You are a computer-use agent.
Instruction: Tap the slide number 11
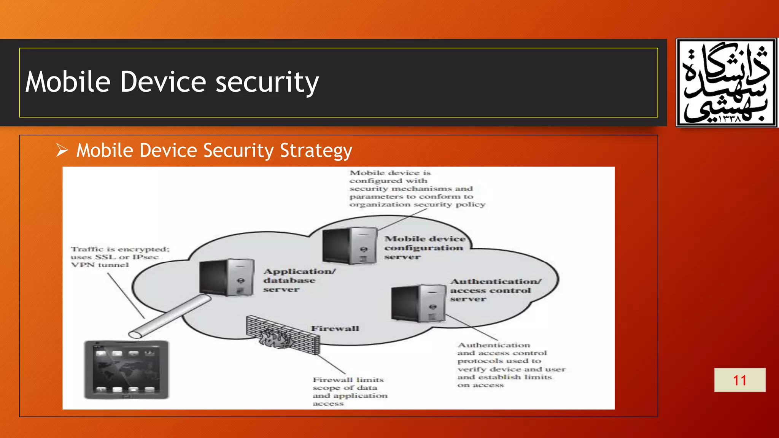point(739,380)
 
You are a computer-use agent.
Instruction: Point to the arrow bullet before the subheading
point(62,150)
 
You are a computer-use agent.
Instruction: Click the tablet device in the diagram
point(126,369)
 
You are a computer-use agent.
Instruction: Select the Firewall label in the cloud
point(335,328)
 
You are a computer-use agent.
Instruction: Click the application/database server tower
point(227,278)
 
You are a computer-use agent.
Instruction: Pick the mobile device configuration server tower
point(350,246)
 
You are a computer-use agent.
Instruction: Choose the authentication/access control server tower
point(418,303)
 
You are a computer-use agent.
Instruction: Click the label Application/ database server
point(299,280)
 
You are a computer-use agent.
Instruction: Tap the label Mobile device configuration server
point(424,248)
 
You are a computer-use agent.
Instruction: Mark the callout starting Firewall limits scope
point(350,391)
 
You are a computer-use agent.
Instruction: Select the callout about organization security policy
point(417,189)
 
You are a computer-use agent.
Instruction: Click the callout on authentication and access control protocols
point(511,365)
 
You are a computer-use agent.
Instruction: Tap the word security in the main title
point(267,83)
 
